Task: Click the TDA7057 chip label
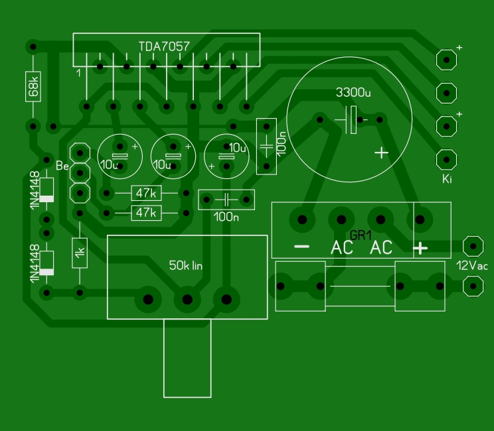164,46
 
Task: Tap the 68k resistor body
33,86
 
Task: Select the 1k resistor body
80,253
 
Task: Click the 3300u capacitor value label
353,92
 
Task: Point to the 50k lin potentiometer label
186,265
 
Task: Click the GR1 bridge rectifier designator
361,235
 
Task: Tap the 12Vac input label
472,266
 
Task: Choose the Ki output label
447,179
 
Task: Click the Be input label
62,166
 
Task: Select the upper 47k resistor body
146,193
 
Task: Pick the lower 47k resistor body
146,213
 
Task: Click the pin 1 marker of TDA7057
78,73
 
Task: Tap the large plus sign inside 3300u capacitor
382,153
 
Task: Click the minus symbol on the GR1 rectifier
302,247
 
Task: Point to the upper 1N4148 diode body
46,190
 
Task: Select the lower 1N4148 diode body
46,263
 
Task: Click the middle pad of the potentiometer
187,299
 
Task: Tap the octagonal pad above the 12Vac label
473,246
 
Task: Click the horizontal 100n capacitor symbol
226,200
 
